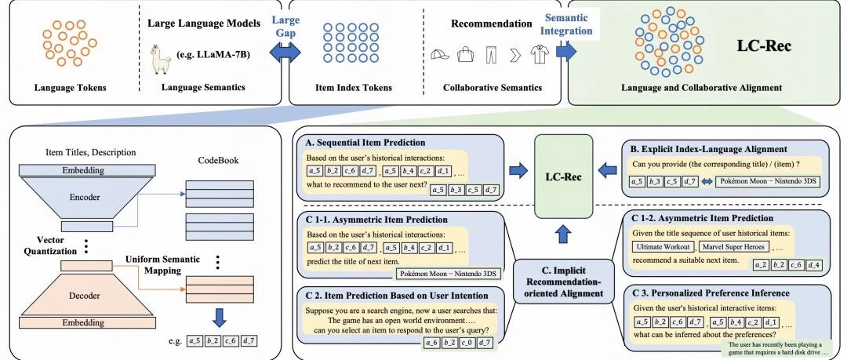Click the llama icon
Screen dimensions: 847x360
161,60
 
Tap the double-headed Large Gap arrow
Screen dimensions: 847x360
285,53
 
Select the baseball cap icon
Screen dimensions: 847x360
440,55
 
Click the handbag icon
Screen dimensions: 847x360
465,54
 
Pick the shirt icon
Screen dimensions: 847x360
539,55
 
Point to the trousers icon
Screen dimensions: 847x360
490,55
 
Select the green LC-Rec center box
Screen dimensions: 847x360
563,176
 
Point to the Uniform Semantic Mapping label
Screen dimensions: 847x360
155,264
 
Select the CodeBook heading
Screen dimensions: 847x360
218,161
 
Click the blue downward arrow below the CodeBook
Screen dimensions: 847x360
219,318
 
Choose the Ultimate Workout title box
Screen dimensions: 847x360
663,247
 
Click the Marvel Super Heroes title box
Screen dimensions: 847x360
734,247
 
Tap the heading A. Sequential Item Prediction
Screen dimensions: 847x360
365,143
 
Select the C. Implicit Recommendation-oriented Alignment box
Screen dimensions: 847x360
564,281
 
